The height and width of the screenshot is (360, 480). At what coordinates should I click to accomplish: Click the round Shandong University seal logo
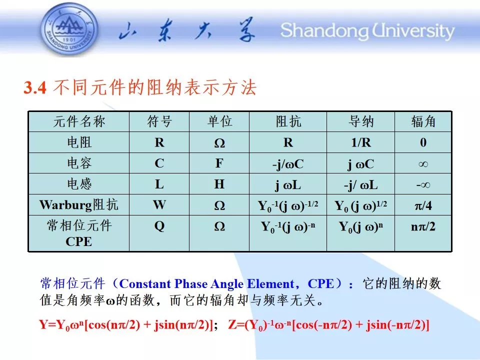[69, 29]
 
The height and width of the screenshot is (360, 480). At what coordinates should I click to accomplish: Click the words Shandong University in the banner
[367, 31]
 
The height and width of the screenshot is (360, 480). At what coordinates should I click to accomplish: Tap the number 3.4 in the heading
[35, 88]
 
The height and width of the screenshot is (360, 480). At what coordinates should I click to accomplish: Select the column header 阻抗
[288, 121]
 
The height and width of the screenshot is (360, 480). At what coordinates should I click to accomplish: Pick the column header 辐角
[423, 121]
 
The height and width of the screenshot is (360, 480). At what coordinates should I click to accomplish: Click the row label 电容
[79, 163]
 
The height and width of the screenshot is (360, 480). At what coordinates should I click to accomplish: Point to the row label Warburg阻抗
[78, 205]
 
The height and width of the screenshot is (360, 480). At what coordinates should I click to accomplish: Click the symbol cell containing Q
[159, 226]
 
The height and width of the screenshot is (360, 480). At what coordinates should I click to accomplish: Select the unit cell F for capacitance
[219, 163]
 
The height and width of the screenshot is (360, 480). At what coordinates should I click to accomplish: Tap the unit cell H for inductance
[219, 184]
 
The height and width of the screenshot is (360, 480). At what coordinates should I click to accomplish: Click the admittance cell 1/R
[361, 142]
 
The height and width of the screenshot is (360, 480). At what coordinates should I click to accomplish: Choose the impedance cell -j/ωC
[288, 164]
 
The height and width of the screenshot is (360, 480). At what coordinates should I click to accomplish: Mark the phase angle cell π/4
[423, 205]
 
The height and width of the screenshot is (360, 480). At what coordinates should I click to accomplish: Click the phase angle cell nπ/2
[423, 226]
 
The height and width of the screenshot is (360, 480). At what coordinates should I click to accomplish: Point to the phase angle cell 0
[423, 142]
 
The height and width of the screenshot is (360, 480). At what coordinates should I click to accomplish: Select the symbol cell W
[159, 204]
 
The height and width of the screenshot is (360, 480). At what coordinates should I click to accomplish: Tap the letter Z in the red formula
[232, 324]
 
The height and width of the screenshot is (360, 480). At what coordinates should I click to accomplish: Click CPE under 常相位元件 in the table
[78, 241]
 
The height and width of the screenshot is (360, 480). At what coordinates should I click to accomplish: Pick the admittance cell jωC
[360, 164]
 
